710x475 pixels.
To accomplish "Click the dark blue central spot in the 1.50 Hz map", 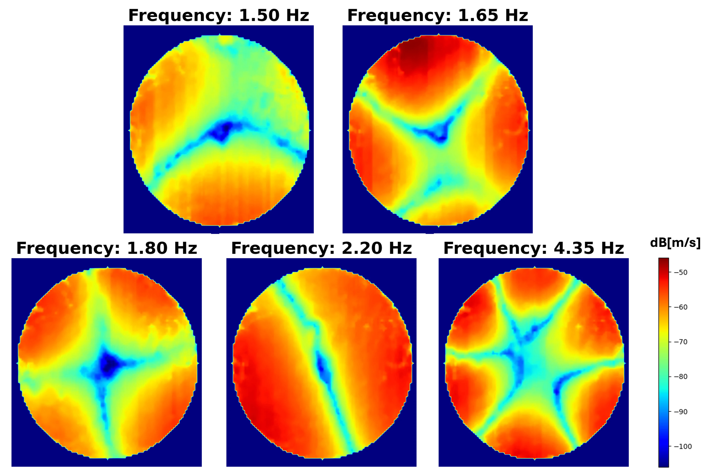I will click(x=223, y=130).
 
